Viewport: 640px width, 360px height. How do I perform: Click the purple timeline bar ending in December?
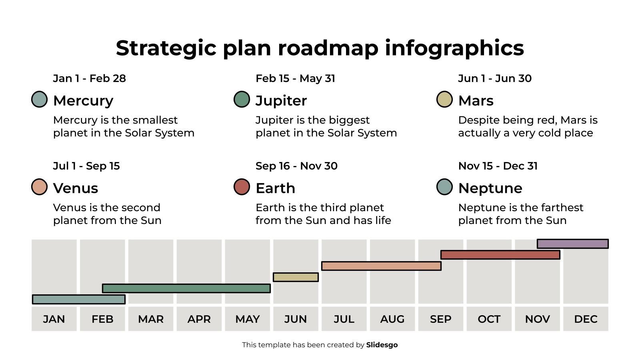(572, 244)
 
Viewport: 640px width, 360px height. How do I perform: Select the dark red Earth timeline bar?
(500, 255)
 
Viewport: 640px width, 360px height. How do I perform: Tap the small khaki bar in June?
(296, 277)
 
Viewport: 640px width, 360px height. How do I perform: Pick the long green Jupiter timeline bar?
(186, 288)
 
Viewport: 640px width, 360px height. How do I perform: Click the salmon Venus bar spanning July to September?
(381, 266)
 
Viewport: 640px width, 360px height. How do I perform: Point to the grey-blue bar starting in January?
(79, 299)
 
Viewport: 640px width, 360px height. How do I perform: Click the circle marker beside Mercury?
(40, 100)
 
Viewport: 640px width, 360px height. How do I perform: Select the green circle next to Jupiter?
(242, 100)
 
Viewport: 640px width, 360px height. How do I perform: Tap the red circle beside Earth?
(242, 187)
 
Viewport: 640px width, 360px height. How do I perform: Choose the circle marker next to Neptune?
(444, 187)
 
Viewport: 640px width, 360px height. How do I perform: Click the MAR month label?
(151, 319)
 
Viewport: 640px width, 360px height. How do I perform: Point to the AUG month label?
(392, 319)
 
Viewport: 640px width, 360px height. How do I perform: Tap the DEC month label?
(586, 319)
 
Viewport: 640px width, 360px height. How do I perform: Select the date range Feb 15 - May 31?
(295, 78)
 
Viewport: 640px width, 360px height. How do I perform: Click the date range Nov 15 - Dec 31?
(498, 166)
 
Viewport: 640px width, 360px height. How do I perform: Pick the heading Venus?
(76, 188)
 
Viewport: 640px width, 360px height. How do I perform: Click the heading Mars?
(476, 100)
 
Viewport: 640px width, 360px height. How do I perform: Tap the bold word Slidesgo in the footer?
(382, 345)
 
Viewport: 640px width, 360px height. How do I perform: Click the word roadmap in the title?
(328, 48)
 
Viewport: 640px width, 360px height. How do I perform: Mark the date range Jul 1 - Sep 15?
(86, 166)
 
